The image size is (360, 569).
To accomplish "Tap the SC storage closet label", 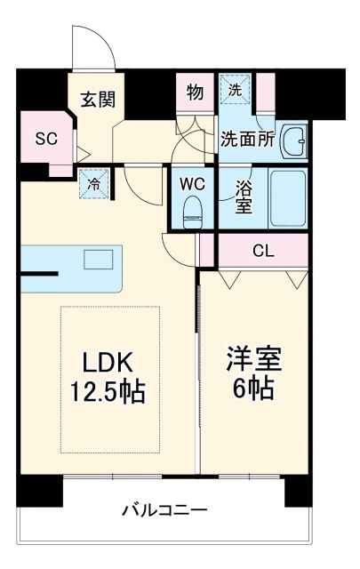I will (45, 138).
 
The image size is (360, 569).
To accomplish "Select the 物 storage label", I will (194, 92).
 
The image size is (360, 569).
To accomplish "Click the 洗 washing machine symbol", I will (236, 90).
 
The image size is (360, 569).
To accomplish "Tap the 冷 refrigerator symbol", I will (93, 182).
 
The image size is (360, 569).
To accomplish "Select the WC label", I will (192, 184).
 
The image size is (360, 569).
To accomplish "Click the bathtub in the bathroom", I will (287, 197).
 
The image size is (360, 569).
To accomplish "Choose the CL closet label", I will (262, 250).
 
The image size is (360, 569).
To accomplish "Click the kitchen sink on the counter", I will (99, 260).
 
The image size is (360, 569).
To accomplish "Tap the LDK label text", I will (108, 362).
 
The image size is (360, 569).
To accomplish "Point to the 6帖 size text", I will (253, 389).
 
